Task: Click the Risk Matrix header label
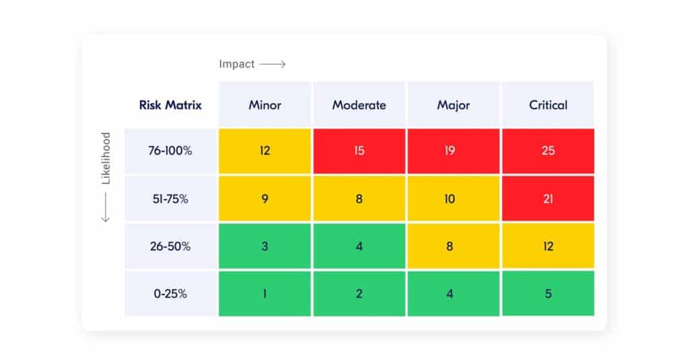coord(170,105)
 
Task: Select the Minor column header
coord(264,105)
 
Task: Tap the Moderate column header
coord(359,105)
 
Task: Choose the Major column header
coord(453,105)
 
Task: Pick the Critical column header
coord(548,105)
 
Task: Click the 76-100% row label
coord(170,151)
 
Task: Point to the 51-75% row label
coord(170,199)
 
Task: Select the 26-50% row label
coord(170,246)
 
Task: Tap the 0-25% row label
coord(170,293)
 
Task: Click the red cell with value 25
coord(548,151)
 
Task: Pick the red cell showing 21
coord(548,199)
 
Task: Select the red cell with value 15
coord(359,151)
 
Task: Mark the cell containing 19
coord(453,151)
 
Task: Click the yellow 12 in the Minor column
coord(264,151)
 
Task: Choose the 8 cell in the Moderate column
coord(359,199)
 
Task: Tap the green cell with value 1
coord(264,293)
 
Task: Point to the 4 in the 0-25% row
coord(453,293)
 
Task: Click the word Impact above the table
coord(237,65)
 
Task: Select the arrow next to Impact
coord(273,65)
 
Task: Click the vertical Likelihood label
coord(106,158)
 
